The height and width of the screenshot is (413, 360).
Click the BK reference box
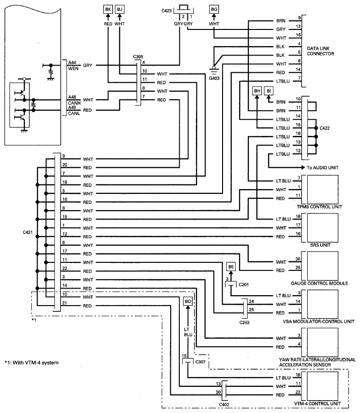(108, 10)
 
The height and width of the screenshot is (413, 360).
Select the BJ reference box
(120, 10)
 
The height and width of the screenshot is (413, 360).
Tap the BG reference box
(214, 10)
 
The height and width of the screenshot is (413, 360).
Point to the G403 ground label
(214, 78)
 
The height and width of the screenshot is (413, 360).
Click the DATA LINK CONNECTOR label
(320, 51)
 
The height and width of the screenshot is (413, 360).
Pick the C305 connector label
(138, 57)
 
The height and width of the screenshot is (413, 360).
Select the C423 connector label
(166, 11)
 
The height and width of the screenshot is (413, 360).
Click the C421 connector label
(28, 232)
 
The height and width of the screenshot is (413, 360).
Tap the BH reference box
(257, 91)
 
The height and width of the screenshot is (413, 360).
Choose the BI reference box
(269, 91)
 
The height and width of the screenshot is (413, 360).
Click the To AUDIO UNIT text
(322, 167)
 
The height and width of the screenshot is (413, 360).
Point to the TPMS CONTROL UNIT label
(320, 207)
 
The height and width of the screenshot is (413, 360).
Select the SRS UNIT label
(320, 245)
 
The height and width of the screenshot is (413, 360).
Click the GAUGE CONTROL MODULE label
(320, 283)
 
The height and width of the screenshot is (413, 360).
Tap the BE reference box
(231, 267)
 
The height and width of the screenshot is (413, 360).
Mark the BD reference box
(188, 301)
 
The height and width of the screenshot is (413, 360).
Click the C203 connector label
(244, 322)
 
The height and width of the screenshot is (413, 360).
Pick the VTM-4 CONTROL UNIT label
(318, 403)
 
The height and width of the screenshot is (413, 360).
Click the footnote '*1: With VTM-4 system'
(32, 363)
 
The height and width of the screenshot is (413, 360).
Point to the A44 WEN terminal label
(73, 66)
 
